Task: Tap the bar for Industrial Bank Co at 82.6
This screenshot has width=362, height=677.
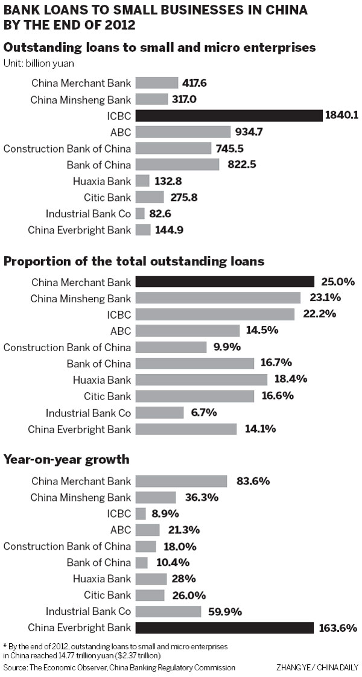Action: click(140, 213)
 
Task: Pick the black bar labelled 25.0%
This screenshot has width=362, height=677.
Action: click(225, 282)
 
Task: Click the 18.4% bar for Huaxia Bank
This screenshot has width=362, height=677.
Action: click(202, 380)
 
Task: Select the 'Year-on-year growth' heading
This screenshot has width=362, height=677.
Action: click(66, 459)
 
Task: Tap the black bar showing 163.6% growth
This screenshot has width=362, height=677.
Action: click(224, 628)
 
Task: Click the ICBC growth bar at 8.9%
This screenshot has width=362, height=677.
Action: click(141, 513)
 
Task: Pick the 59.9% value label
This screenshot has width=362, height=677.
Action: click(226, 611)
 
